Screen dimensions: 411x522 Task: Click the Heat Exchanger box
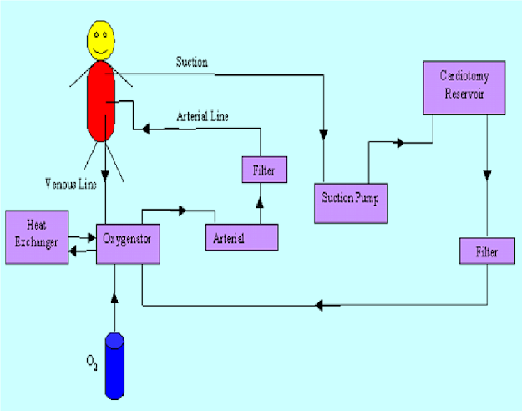tap(36, 237)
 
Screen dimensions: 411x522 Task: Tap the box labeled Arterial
tap(242, 237)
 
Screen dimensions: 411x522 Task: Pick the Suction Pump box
tap(351, 201)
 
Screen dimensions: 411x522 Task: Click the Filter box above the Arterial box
tap(264, 170)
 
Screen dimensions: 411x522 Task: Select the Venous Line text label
tap(72, 183)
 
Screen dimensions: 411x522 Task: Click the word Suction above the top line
tap(192, 63)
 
